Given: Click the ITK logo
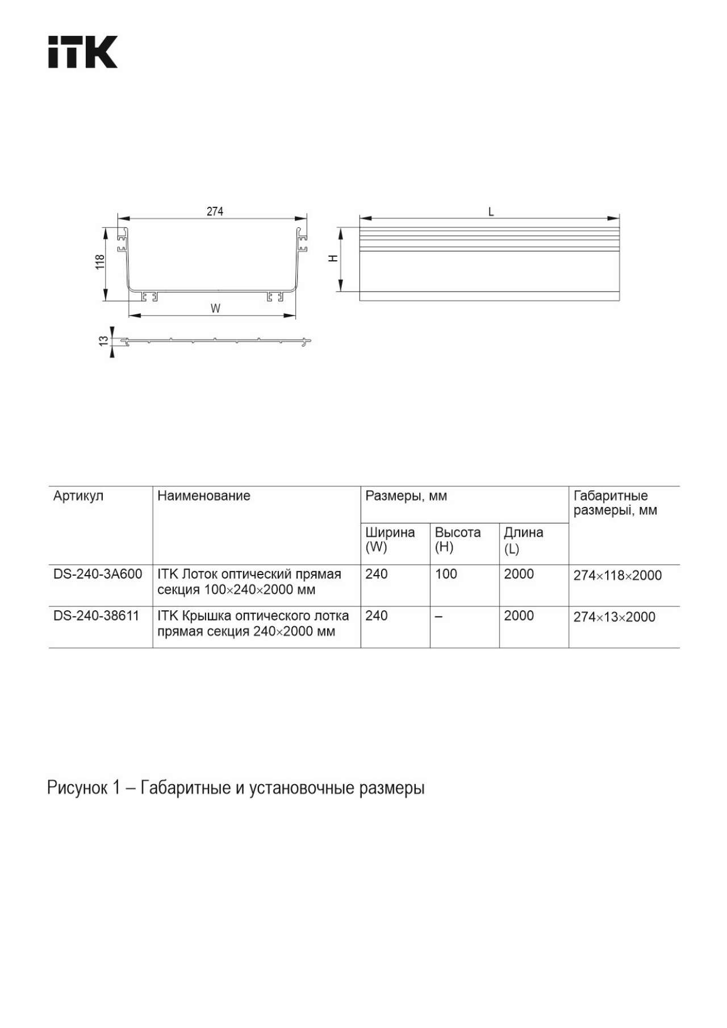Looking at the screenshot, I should (82, 52).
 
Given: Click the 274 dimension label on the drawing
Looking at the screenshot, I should (215, 211).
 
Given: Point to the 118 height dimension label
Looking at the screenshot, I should (100, 261).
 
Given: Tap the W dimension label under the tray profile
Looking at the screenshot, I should (215, 309).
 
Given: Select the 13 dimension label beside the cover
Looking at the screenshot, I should (103, 340).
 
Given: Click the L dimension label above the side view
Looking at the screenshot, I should (491, 212).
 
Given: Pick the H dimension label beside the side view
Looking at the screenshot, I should (333, 259).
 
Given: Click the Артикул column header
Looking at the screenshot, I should (78, 496).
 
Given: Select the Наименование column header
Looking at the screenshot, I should (203, 496).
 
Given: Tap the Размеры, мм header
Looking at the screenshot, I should (406, 496).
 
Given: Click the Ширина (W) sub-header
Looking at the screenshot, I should (390, 540).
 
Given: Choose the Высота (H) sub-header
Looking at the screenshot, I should (457, 540).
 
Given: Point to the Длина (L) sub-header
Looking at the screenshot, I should (523, 540).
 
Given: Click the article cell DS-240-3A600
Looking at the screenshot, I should (98, 574).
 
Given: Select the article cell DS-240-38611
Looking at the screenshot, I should (96, 615).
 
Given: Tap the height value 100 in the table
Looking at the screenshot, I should (446, 574).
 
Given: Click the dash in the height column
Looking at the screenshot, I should (438, 616).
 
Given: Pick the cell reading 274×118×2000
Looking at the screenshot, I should (617, 575).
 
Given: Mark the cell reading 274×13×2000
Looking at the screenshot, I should (614, 617).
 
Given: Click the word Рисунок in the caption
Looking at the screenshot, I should (77, 788).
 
